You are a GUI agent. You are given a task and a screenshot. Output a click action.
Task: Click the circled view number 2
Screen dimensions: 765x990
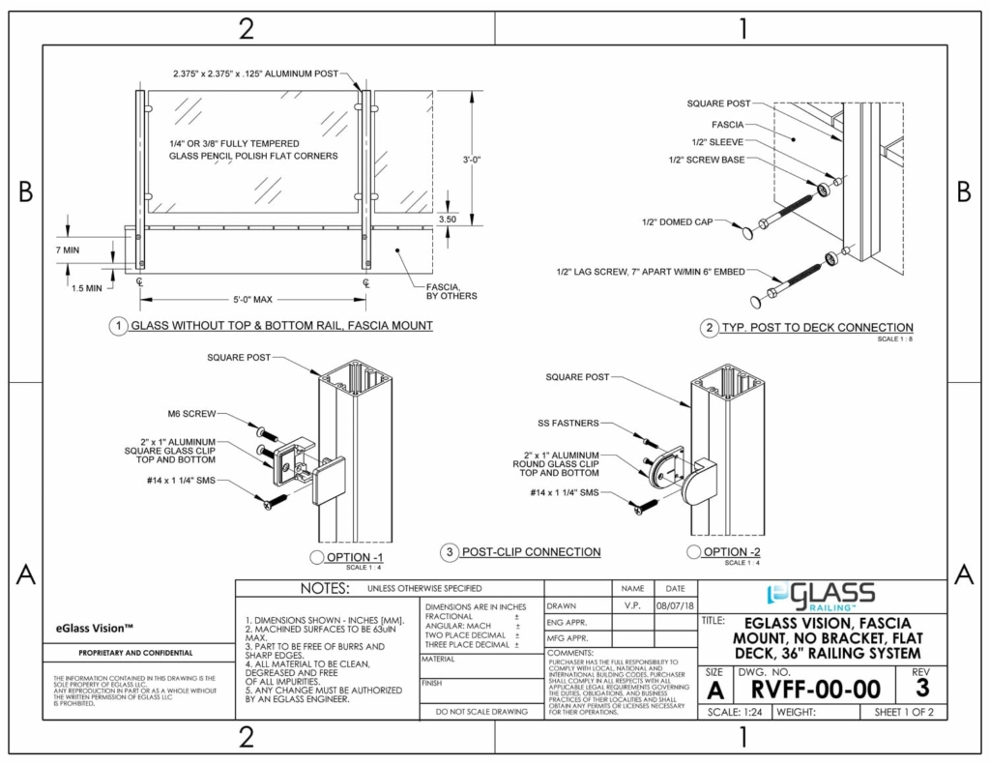coord(709,328)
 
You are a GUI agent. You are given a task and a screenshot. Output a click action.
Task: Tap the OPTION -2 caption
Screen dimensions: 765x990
coord(719,552)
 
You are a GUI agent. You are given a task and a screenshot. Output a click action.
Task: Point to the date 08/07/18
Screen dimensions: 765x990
coord(675,606)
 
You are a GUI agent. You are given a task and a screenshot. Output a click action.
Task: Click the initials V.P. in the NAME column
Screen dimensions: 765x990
coord(632,606)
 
